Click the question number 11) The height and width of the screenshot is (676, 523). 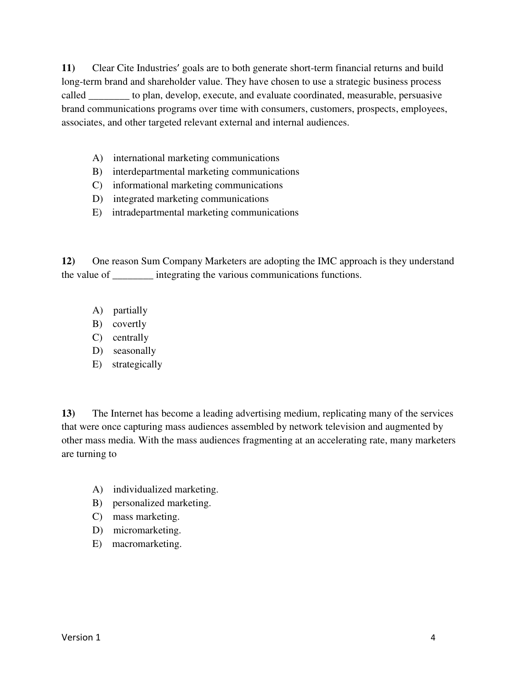[x=68, y=68]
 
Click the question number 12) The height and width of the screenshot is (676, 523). [x=68, y=261]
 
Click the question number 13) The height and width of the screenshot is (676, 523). [x=68, y=414]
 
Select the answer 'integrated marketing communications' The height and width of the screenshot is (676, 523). [x=191, y=199]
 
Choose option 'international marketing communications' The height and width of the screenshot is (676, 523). [x=196, y=158]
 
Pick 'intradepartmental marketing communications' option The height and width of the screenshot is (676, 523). [x=205, y=212]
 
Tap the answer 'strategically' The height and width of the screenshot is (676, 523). [x=137, y=364]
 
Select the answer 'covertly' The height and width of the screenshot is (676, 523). [x=129, y=324]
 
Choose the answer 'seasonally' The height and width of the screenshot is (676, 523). [x=134, y=351]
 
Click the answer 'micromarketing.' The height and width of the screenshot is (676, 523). [x=147, y=530]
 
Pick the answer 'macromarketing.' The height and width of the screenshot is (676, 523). [x=147, y=544]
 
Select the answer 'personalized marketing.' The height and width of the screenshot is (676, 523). [x=162, y=503]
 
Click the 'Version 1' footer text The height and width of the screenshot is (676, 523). [x=81, y=637]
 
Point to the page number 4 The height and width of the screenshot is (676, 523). [x=433, y=638]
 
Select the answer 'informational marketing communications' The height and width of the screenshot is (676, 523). [x=198, y=185]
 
